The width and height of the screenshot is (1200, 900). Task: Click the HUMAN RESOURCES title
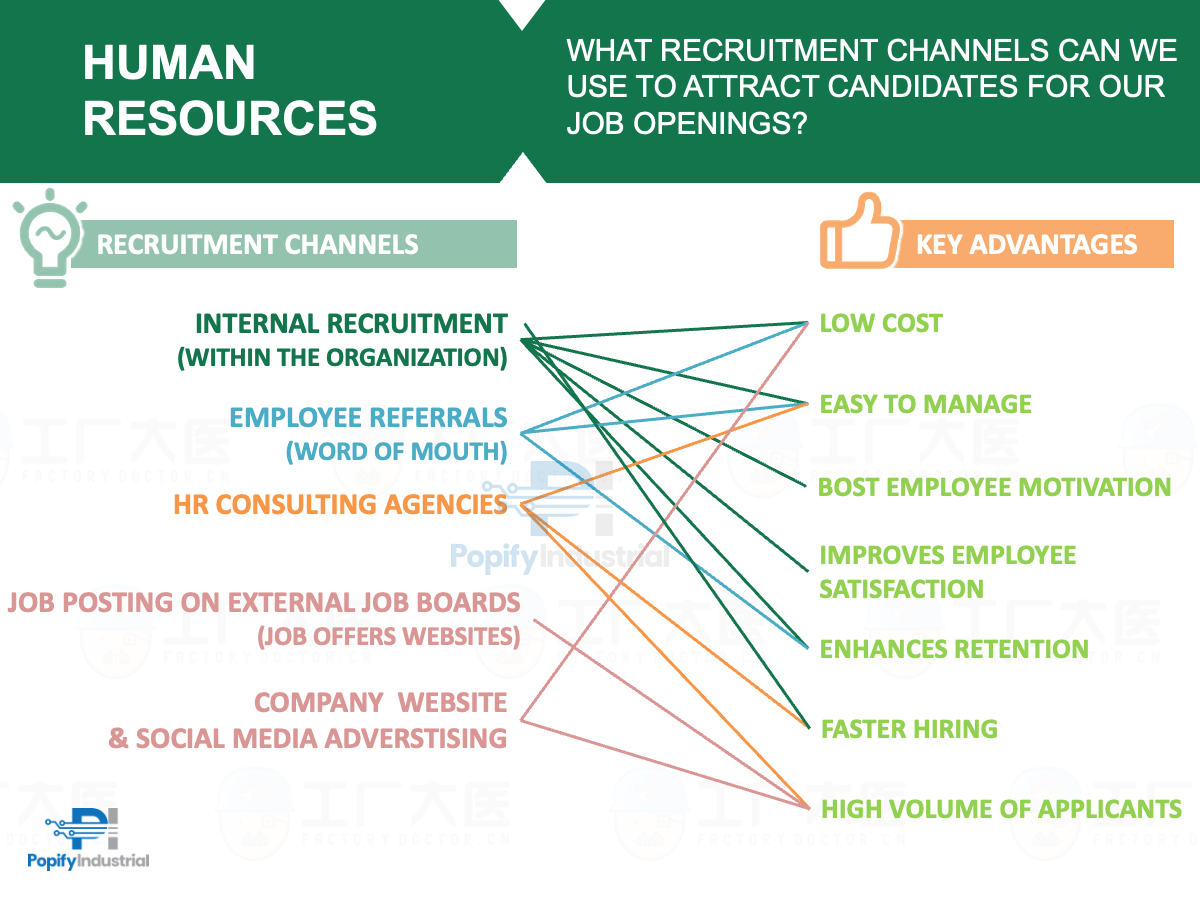230,91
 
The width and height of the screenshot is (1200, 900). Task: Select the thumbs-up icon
858,235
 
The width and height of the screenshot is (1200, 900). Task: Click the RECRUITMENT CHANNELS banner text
257,244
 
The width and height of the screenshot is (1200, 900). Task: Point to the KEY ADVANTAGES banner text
1026,245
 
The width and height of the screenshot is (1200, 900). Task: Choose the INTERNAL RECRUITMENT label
351,324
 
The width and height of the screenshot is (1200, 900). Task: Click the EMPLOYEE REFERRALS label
368,417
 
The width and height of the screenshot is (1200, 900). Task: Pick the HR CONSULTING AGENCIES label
340,504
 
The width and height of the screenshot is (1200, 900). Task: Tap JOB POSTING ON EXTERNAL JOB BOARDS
264,602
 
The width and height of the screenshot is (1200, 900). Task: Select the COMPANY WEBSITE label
380,702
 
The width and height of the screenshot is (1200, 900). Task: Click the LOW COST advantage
881,323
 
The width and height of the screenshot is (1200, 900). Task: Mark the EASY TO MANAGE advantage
925,404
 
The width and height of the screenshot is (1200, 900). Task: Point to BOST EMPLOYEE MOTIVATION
994,487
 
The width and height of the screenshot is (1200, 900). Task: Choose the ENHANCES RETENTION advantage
954,649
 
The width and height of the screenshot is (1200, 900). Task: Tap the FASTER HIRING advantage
909,729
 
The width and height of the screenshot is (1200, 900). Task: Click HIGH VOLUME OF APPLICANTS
1001,809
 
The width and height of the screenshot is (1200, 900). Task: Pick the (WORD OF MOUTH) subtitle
396,451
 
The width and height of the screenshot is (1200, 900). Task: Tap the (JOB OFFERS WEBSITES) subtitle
388,636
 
